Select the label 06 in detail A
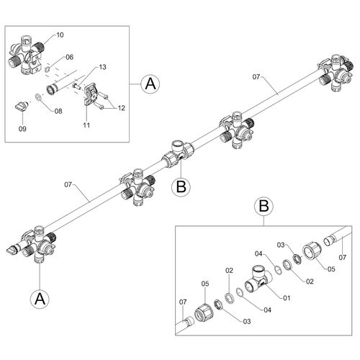coord(69,58)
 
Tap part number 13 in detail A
coord(102,67)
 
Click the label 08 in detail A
coord(58,111)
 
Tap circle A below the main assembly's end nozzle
coord(40,297)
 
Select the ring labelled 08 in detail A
coord(38,97)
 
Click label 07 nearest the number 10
coord(255,76)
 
